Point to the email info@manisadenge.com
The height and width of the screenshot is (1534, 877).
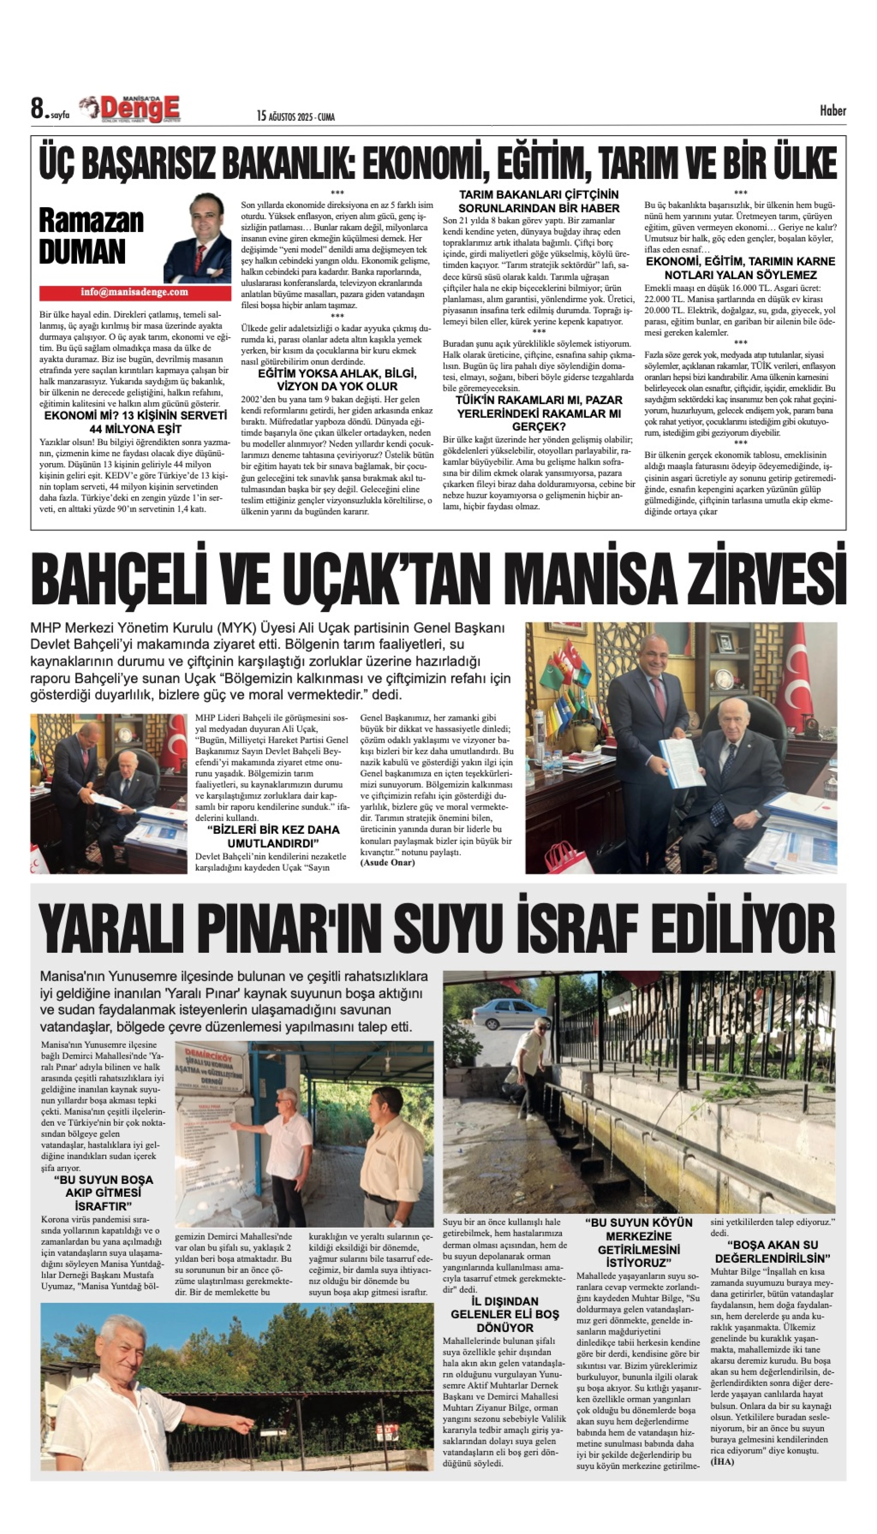coord(134,292)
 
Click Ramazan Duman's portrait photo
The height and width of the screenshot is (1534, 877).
coord(198,239)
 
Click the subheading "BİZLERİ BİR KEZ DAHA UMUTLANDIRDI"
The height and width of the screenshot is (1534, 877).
coord(273,836)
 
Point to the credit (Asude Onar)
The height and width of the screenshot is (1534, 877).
coord(387,863)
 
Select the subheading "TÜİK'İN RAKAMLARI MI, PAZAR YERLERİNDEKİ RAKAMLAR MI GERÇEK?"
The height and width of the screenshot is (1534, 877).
coord(539,413)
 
